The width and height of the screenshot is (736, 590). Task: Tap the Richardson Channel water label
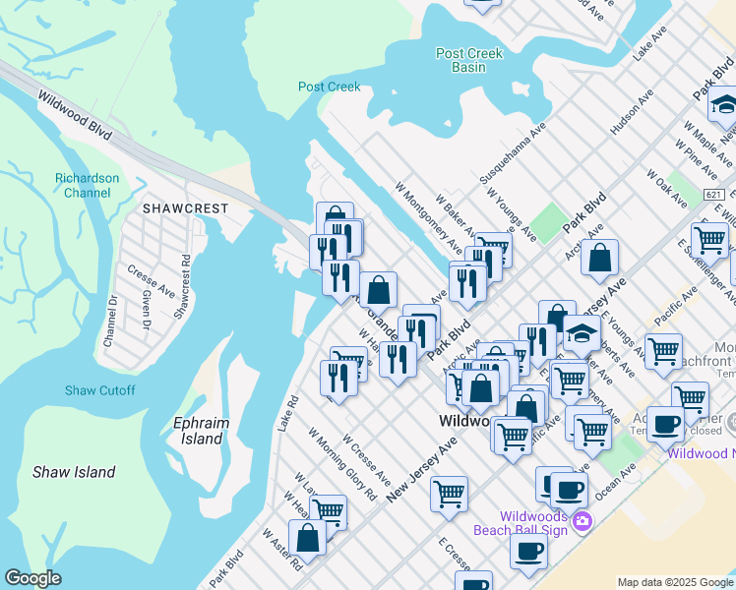point(87,185)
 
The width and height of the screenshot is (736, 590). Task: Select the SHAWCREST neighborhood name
point(185,208)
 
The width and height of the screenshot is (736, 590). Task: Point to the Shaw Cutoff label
point(100,390)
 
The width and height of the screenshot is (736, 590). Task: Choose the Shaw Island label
point(74,472)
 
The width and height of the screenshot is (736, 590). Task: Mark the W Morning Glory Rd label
point(341,463)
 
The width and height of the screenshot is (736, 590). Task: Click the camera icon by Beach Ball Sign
point(582,520)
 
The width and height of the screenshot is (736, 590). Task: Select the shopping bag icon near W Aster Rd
point(307,537)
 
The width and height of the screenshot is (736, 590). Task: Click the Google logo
point(32,578)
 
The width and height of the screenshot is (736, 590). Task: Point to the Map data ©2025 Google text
point(675,582)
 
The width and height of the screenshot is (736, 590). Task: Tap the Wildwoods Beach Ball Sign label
point(533,523)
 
